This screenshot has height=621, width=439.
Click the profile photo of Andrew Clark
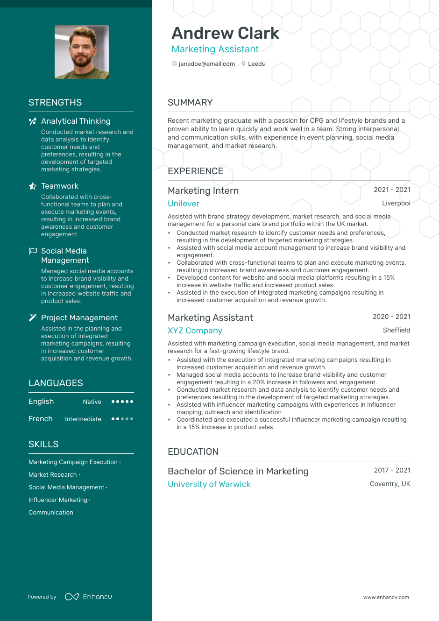(82, 52)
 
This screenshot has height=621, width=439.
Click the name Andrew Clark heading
(225, 33)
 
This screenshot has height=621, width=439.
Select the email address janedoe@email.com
(206, 64)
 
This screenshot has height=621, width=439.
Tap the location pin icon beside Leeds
(243, 64)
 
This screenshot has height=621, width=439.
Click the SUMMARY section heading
(190, 102)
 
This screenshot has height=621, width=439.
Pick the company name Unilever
(184, 204)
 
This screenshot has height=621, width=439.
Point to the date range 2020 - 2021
(391, 317)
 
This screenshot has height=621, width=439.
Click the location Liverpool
(396, 203)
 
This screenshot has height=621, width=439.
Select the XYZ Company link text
(195, 331)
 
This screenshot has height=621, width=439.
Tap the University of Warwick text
(209, 484)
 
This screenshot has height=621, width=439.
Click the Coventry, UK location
(390, 484)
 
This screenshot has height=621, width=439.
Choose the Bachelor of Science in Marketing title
(238, 471)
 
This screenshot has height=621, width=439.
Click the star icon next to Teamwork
(33, 186)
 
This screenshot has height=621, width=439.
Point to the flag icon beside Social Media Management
(33, 251)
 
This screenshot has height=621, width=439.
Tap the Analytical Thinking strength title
(76, 121)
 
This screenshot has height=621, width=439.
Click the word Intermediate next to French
(83, 419)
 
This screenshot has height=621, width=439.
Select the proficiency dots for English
(122, 402)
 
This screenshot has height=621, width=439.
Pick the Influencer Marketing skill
(58, 500)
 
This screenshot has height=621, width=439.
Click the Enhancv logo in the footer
(88, 597)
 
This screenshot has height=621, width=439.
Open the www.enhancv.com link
(386, 597)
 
